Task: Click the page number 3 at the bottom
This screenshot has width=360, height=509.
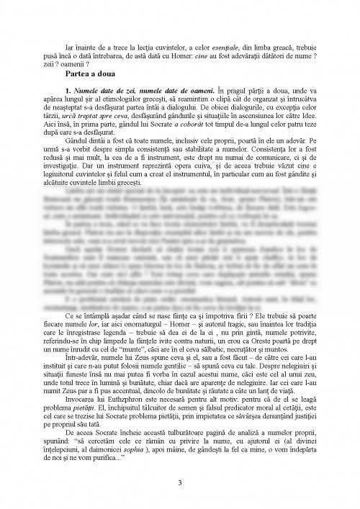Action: pos(179,482)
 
